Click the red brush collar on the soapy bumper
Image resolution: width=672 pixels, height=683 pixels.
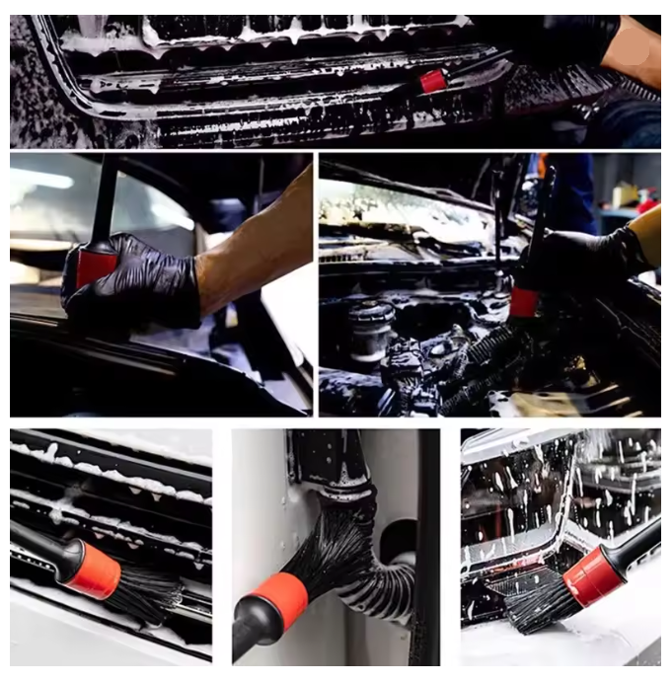(x=432, y=81)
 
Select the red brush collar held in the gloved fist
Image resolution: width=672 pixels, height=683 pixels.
(x=96, y=266)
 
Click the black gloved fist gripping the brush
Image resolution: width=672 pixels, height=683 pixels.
(x=138, y=281)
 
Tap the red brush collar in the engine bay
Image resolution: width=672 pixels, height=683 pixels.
(x=524, y=302)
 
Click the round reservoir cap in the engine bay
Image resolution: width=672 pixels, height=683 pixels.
(x=372, y=316)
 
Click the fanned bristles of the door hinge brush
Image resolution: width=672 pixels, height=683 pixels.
(x=336, y=553)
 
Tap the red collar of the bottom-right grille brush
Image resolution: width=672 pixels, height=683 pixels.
(x=592, y=576)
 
